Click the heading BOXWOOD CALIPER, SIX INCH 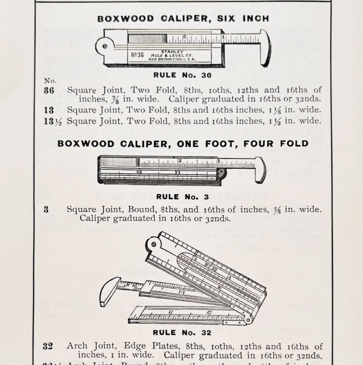(x=183, y=19)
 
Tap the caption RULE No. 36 (x=182, y=75)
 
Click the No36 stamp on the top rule (x=137, y=55)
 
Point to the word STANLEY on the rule (x=172, y=52)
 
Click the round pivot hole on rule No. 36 (x=105, y=46)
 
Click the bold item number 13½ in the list (x=53, y=121)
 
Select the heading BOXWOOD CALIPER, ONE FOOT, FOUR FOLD (x=183, y=144)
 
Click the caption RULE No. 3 (x=182, y=197)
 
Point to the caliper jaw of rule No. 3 (x=260, y=170)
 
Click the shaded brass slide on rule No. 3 (x=119, y=162)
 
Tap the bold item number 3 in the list (x=46, y=210)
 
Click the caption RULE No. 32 (x=182, y=333)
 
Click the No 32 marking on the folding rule (x=210, y=267)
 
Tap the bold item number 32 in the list (x=48, y=347)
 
